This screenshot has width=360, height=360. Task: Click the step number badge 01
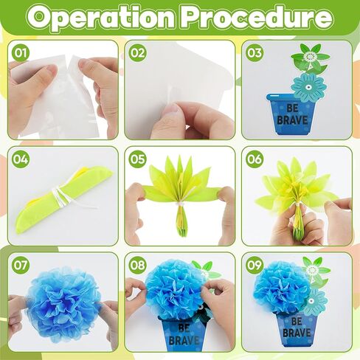coord(21,53)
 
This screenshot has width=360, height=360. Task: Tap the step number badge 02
coord(138,53)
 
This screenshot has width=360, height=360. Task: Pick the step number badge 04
coord(21,159)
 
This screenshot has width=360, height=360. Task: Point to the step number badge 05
coord(138,159)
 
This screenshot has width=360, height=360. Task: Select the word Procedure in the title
coord(259,18)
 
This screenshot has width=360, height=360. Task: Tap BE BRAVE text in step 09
coord(297,328)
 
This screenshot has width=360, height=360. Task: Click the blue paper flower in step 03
coord(308,86)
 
